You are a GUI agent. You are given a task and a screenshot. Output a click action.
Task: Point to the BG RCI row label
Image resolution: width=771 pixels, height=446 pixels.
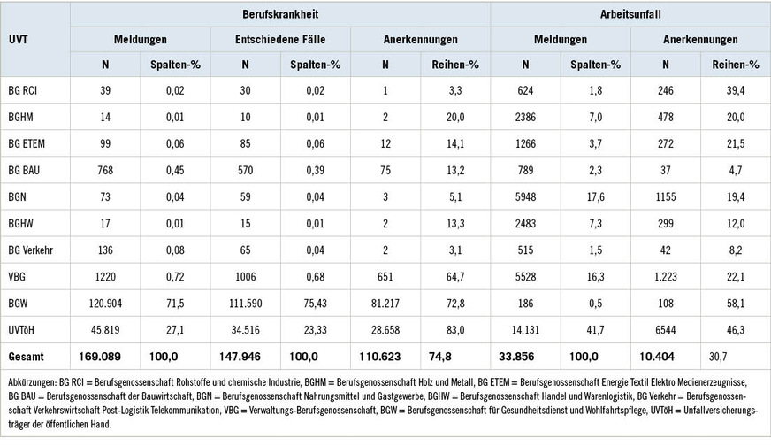[x=25, y=89]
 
